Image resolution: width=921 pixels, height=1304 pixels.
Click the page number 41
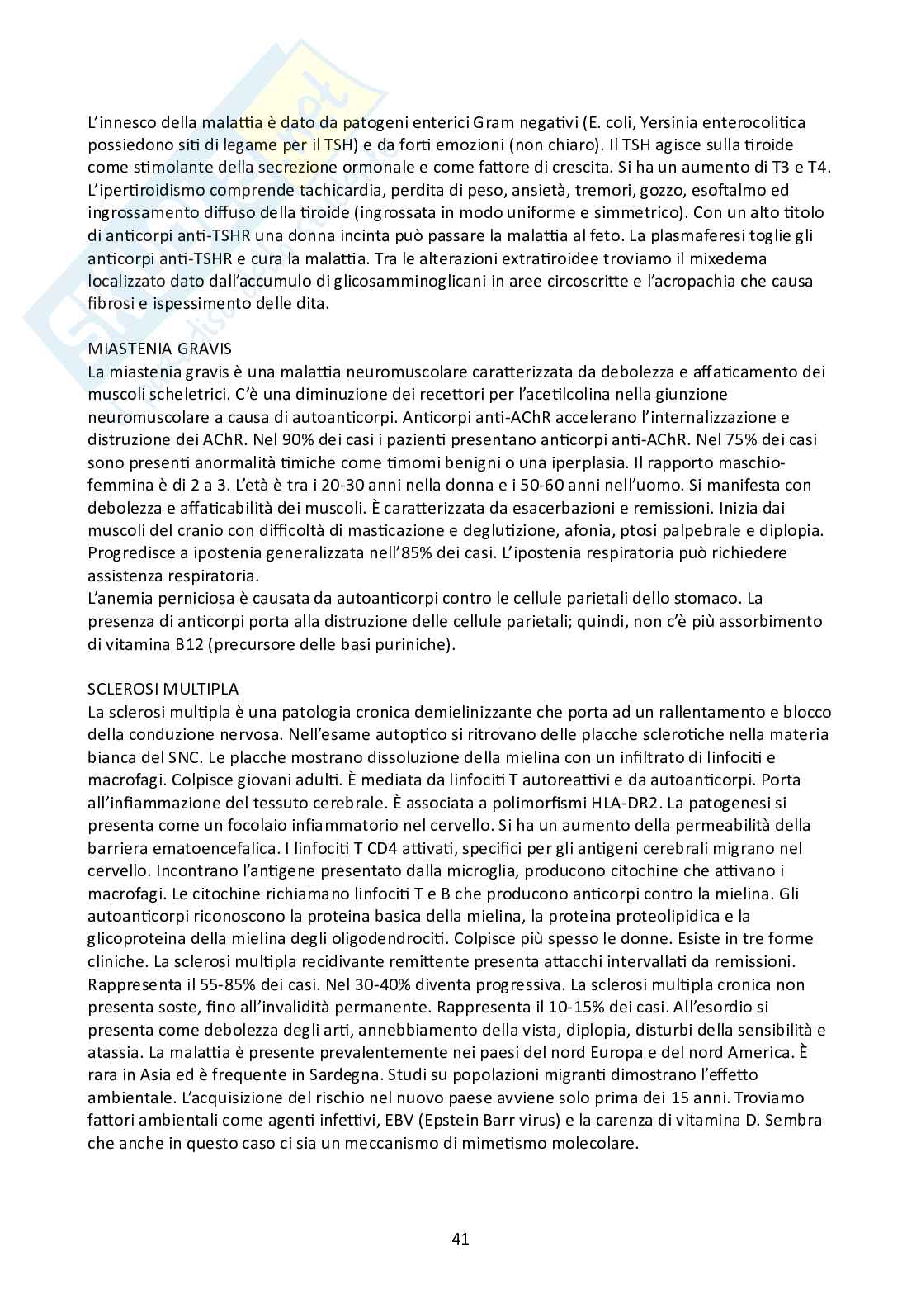pyautogui.click(x=460, y=1239)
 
